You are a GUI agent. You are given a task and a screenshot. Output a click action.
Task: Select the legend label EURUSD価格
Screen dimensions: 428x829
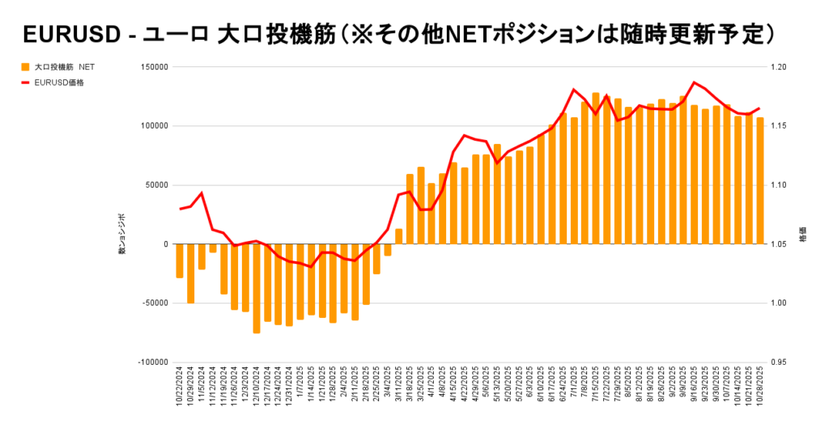(60, 82)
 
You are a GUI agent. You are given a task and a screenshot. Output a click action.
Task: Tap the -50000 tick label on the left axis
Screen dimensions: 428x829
(152, 303)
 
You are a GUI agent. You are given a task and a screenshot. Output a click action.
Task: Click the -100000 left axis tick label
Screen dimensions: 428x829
(151, 362)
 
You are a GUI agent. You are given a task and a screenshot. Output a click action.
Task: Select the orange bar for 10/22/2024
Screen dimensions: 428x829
(180, 261)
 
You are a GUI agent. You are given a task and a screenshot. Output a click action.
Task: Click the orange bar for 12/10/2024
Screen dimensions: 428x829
(257, 288)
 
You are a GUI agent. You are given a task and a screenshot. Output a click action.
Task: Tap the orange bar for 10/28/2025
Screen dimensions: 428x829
(760, 181)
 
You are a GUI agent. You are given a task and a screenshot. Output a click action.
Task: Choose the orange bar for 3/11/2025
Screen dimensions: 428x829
(398, 236)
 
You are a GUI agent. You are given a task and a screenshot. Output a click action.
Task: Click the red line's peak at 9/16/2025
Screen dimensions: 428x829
(694, 83)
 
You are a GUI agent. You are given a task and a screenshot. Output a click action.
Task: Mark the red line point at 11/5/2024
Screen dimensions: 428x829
(202, 193)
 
